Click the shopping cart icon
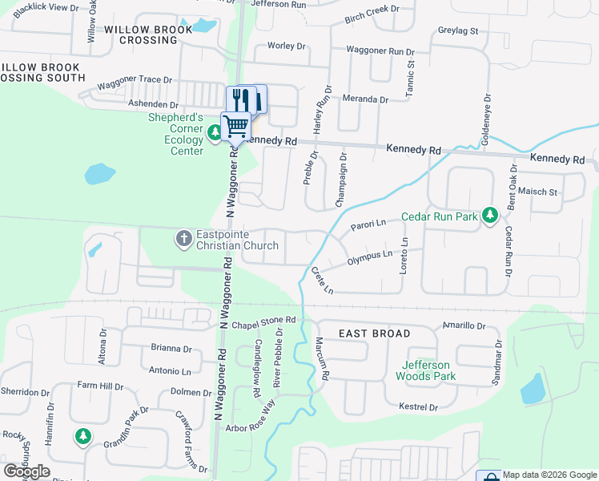coord(236,126)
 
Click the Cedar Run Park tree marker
coord(491,216)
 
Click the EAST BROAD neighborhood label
coord(374,333)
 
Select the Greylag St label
coord(458,31)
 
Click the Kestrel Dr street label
coord(418,407)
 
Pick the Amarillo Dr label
coord(464,326)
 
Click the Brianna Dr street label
coord(171,349)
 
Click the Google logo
coord(26,471)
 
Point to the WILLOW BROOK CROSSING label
coord(148,34)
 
